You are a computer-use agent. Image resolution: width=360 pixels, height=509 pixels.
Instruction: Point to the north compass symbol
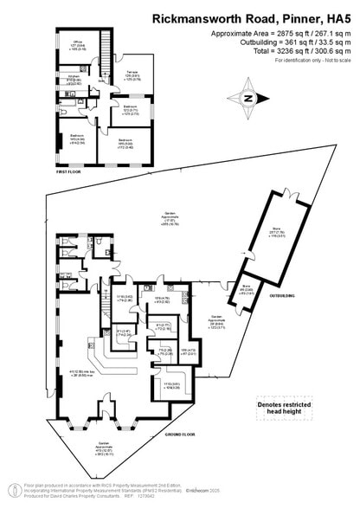(x=248, y=99)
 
